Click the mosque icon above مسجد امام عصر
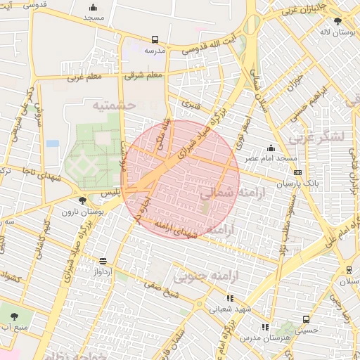tap(271, 148)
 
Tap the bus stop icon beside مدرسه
tap(155, 40)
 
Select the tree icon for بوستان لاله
tap(337, 21)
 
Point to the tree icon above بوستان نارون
tap(84, 201)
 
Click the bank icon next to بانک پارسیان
tap(298, 172)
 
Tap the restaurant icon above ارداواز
tap(103, 261)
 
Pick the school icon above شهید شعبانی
tap(230, 298)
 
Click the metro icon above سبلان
tap(349, 269)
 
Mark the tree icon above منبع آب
tap(15, 316)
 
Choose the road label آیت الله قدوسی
tap(210, 43)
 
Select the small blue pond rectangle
tap(53, 143)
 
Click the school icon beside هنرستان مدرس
tap(265, 327)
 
